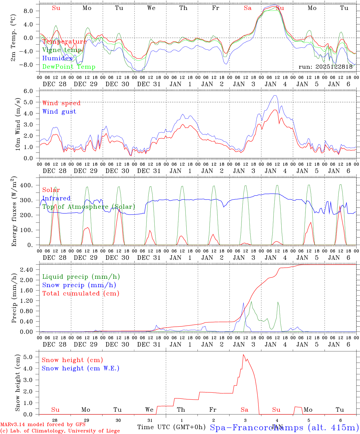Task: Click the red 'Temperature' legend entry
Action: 65,42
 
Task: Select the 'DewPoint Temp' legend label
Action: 69,67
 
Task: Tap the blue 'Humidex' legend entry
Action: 58,58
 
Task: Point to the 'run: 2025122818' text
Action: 325,67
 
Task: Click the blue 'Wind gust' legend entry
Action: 59,112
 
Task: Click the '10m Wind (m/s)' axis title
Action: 18,124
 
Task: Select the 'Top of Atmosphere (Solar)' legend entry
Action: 89,207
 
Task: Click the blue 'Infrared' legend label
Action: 56,198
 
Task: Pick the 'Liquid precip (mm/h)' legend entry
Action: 81,277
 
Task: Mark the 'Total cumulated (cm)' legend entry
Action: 81,293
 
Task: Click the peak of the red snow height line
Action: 243,354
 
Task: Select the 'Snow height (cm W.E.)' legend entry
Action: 81,368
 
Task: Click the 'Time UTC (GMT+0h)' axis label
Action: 171,427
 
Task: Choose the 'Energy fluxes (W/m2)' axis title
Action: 14,212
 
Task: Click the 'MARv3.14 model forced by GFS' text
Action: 43,425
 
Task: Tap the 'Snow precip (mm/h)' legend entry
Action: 79,285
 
